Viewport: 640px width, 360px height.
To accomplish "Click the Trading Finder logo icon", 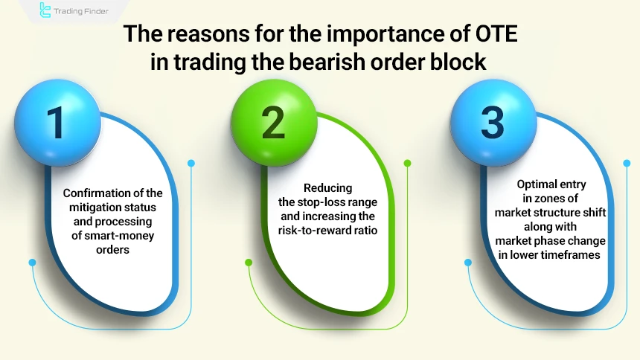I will point(46,11).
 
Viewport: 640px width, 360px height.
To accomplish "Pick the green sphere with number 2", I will point(273,123).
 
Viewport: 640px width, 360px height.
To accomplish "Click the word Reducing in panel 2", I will point(327,188).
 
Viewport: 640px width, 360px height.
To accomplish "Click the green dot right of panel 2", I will point(407,163).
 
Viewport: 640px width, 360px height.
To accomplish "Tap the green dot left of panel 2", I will point(247,262).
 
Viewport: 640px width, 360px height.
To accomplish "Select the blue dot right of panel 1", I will point(191,163).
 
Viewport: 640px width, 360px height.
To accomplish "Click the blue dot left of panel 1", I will point(32,262).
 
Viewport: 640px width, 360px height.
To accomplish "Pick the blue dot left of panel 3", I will point(467,262).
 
